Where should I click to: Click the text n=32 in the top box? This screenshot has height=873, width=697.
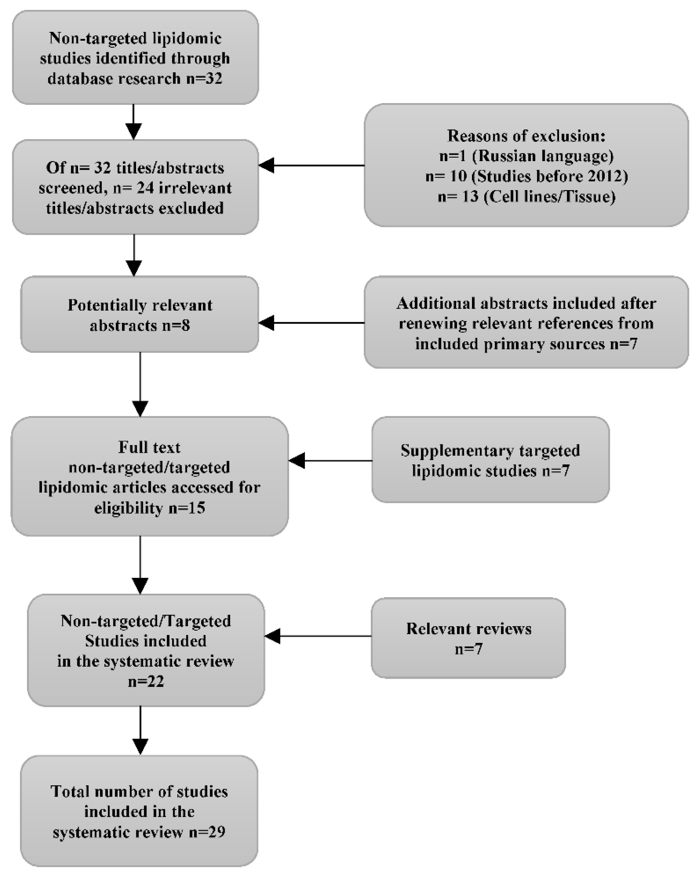point(204,78)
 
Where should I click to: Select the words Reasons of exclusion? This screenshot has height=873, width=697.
point(526,136)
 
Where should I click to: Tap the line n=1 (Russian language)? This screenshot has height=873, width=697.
point(526,156)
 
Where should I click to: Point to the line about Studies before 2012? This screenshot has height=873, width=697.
point(526,176)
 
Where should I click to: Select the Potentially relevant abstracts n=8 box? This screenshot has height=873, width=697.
point(140,315)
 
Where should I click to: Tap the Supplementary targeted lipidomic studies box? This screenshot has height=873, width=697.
point(490,460)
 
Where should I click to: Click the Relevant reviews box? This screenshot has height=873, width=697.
point(468,638)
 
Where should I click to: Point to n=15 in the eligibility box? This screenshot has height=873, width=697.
point(187,507)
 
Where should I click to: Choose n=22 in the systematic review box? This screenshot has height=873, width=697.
point(146,682)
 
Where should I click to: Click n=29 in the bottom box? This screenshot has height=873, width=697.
point(207,832)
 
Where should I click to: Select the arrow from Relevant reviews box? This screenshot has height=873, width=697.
point(318,636)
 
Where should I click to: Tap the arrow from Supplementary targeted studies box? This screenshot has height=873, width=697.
point(330,461)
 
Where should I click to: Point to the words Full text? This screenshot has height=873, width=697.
point(149,447)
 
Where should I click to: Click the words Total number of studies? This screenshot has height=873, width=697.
point(139,791)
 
